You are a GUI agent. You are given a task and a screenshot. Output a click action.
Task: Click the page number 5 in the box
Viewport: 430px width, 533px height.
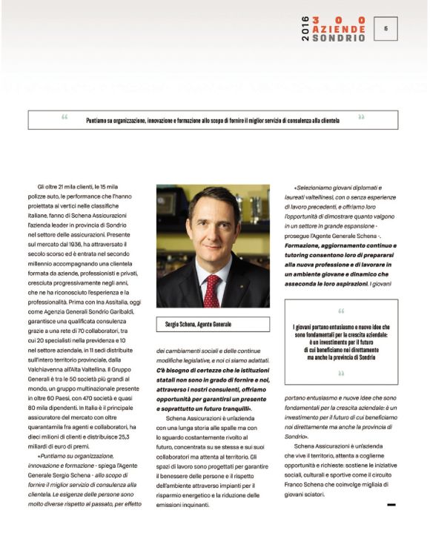tap(386, 28)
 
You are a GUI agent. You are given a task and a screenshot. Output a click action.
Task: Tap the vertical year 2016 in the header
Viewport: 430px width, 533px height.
tap(305, 29)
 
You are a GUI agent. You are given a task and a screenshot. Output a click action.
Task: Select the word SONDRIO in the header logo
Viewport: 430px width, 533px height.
tap(338, 38)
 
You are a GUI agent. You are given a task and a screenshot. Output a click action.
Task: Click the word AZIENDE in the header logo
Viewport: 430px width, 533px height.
tap(338, 29)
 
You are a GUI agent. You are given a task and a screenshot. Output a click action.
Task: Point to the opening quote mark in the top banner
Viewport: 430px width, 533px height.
tap(64, 117)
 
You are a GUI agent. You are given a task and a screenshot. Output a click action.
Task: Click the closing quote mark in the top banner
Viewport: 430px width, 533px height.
tap(361, 117)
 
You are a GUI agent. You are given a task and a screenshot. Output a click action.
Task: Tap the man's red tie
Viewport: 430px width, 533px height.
tap(211, 290)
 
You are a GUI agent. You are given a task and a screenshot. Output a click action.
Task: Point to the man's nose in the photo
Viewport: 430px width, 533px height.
tap(214, 231)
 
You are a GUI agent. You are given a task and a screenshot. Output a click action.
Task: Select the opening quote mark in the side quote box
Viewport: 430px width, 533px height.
tap(340, 311)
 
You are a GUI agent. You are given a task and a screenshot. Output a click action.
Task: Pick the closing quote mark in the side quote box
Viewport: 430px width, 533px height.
tap(340, 373)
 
